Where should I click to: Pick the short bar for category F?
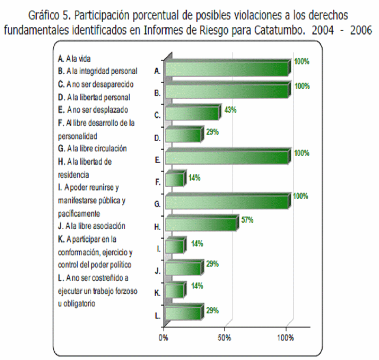click(174, 180)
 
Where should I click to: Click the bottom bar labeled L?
click(183, 313)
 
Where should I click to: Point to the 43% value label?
click(230, 110)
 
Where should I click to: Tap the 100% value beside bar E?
click(301, 153)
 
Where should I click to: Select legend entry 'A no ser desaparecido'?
click(96, 84)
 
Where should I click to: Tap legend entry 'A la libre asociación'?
click(92, 226)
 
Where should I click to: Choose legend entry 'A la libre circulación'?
click(93, 149)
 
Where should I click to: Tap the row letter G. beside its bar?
click(157, 205)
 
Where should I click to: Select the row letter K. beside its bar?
click(157, 293)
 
